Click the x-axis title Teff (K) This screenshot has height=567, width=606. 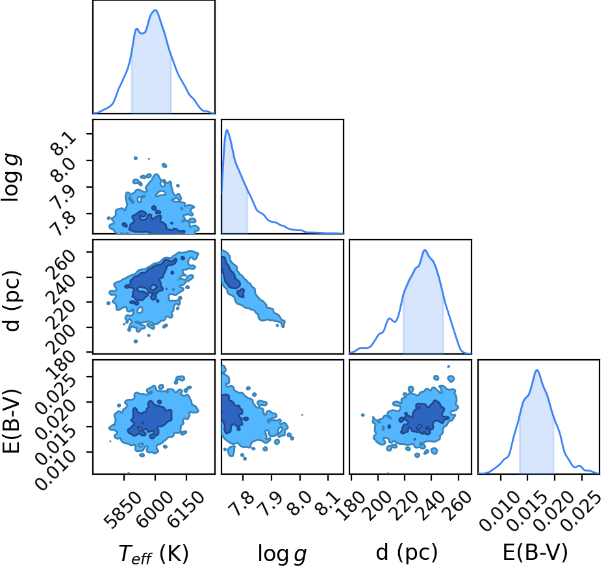(x=154, y=553)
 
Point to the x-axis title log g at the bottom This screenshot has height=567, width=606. (x=282, y=554)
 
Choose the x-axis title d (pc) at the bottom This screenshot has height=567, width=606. (x=407, y=553)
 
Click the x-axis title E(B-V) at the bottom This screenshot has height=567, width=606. (x=535, y=553)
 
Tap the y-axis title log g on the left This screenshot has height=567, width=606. (x=11, y=177)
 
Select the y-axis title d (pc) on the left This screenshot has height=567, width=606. (x=12, y=301)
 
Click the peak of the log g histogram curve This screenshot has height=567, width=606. (x=227, y=130)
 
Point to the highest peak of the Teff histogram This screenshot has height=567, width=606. (x=155, y=10)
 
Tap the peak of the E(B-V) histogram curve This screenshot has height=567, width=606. (x=537, y=370)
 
